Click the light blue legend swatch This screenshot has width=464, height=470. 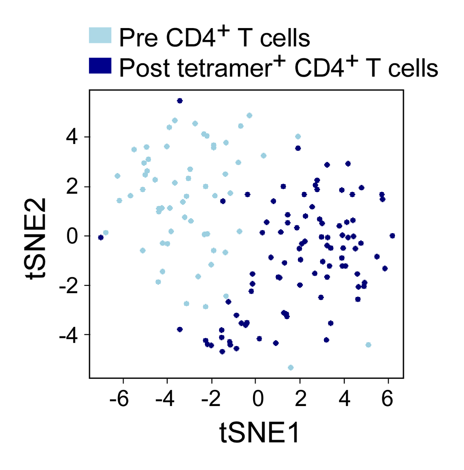point(100,36)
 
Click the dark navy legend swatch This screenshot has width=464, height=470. point(100,66)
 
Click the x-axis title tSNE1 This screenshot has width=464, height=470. point(260,434)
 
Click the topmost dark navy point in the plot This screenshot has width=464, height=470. point(180,101)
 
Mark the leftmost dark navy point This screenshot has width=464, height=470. point(101,237)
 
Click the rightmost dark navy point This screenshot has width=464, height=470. point(392,236)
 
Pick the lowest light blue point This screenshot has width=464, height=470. point(291,367)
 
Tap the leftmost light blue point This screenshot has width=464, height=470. point(106,233)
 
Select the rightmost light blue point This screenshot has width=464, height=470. point(369,345)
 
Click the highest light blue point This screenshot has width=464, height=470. point(249,115)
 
